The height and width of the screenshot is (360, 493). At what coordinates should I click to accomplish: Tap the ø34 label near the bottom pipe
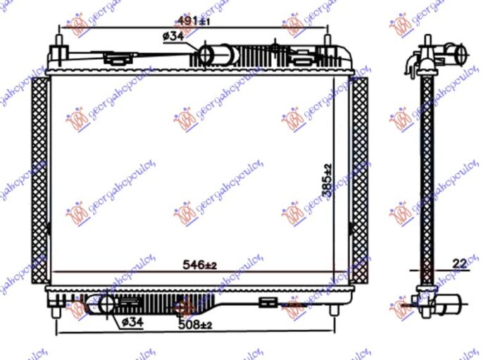[x=132, y=322]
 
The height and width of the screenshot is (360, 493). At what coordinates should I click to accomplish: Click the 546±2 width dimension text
[x=200, y=264]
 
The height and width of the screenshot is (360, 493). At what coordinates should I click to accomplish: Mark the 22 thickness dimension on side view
[x=459, y=263]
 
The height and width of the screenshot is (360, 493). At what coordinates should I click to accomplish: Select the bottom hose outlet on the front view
[x=106, y=304]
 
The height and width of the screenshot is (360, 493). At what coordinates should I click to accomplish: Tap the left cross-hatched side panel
[x=40, y=180]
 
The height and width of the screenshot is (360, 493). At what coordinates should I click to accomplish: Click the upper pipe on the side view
[x=456, y=54]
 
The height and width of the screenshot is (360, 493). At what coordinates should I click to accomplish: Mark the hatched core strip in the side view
[x=426, y=176]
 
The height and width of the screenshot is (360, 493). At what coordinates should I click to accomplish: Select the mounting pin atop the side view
[x=428, y=41]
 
